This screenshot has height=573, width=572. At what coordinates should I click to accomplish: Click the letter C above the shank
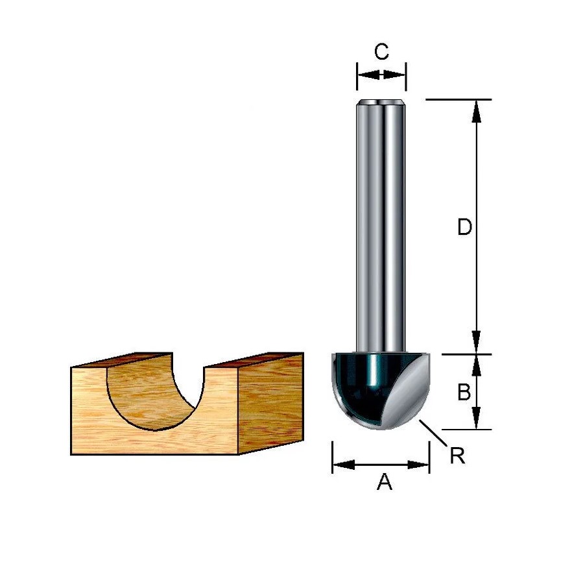(x=381, y=51)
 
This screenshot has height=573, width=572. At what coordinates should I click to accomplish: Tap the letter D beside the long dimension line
(x=464, y=227)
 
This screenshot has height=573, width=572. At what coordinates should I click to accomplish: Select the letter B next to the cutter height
(x=464, y=392)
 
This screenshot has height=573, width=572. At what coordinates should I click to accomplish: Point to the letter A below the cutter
(x=385, y=482)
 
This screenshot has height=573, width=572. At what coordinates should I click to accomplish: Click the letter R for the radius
(x=458, y=456)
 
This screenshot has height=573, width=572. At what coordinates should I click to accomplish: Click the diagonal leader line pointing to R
(x=434, y=433)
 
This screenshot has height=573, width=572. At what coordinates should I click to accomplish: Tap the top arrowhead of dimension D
(x=476, y=111)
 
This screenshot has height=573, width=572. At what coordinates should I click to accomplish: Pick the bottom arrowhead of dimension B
(x=475, y=418)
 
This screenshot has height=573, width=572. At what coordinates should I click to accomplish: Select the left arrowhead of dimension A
(x=343, y=465)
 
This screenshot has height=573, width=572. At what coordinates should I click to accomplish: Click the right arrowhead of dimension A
(x=418, y=465)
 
